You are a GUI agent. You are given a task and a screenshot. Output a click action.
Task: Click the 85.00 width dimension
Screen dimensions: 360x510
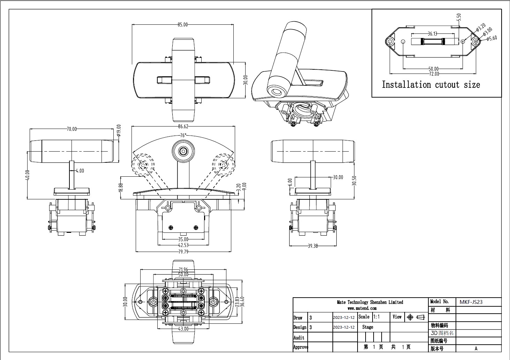click(x=182, y=24)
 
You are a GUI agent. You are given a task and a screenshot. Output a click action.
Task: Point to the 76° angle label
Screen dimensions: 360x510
click(x=183, y=135)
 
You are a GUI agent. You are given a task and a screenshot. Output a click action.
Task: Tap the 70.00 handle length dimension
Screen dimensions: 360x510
click(x=72, y=129)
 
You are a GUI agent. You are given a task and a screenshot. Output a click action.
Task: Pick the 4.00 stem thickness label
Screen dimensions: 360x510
click(x=80, y=171)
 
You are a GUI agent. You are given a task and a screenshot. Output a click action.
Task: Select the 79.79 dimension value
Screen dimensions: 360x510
click(x=183, y=251)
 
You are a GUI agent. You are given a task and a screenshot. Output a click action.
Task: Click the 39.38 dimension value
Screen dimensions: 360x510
click(x=313, y=246)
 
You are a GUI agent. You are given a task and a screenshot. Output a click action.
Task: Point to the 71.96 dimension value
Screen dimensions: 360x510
click(x=183, y=269)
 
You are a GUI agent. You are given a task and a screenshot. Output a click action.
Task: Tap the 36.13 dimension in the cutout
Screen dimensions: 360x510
click(x=432, y=34)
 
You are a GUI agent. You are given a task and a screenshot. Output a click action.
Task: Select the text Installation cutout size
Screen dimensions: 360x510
click(x=431, y=85)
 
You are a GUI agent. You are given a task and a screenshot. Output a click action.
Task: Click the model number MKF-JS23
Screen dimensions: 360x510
click(x=471, y=302)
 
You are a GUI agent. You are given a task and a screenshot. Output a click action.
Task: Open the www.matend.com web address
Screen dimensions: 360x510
click(x=362, y=308)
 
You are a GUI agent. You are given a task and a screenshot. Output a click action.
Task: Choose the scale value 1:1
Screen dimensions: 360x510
click(x=377, y=317)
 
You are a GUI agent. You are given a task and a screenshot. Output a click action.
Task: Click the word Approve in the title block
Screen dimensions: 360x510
click(x=301, y=347)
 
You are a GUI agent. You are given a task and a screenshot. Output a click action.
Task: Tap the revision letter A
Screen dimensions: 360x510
click(x=476, y=348)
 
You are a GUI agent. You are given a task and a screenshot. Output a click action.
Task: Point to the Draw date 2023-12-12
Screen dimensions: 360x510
click(x=344, y=317)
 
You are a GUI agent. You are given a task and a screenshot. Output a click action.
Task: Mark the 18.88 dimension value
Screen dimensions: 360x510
click(x=121, y=187)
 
